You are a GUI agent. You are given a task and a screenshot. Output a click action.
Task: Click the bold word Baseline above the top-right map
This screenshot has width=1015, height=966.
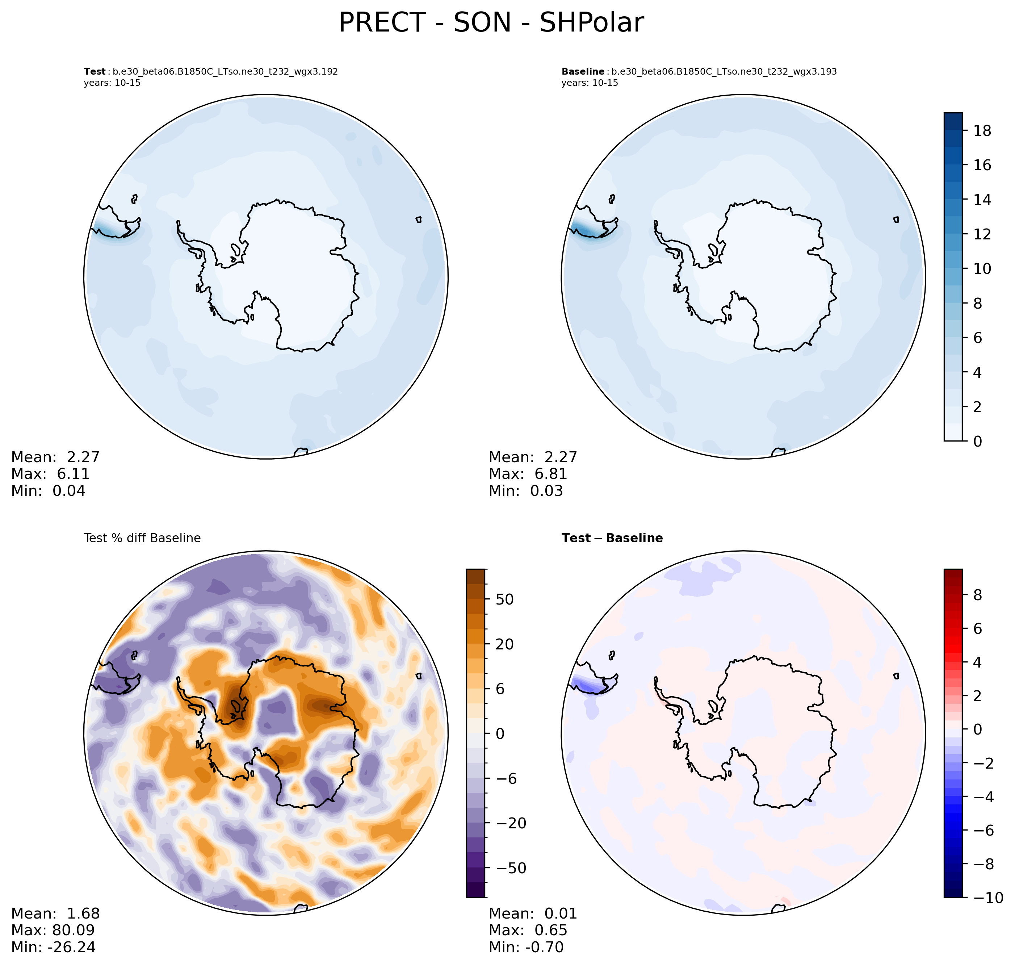click(x=583, y=72)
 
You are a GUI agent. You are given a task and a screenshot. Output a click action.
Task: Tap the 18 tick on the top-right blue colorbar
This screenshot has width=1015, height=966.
click(x=982, y=131)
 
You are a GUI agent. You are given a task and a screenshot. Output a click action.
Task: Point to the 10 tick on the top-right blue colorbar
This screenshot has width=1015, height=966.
click(x=982, y=269)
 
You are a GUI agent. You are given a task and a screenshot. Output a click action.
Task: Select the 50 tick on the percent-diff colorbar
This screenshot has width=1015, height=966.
click(x=504, y=599)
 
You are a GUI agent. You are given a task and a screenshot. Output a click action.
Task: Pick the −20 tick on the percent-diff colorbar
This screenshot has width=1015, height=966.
click(x=508, y=823)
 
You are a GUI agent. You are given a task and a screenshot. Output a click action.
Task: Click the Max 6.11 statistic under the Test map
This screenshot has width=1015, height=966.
click(x=50, y=474)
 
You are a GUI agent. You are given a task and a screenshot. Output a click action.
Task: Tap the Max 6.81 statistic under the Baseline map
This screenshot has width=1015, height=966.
click(x=528, y=474)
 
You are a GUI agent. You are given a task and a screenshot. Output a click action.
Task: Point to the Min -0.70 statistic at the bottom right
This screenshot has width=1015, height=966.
click(x=526, y=947)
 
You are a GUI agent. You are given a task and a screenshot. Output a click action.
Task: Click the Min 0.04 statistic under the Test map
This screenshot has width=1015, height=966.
click(x=49, y=491)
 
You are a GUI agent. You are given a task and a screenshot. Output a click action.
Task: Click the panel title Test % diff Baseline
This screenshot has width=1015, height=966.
click(x=142, y=538)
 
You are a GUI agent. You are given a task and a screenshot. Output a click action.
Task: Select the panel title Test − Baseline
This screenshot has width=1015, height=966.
click(x=612, y=538)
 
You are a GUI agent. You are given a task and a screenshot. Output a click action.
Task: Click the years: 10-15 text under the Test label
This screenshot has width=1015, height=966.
click(x=112, y=83)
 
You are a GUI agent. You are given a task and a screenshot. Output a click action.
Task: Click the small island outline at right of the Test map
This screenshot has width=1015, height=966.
click(x=419, y=220)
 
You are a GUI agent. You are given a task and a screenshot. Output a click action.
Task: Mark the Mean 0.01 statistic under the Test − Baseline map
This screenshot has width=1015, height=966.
click(x=533, y=913)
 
